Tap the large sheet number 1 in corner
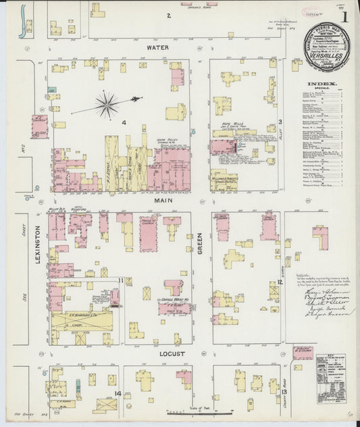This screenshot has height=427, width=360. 346,15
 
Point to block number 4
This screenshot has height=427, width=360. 124,122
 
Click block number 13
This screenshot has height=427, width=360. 284,392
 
